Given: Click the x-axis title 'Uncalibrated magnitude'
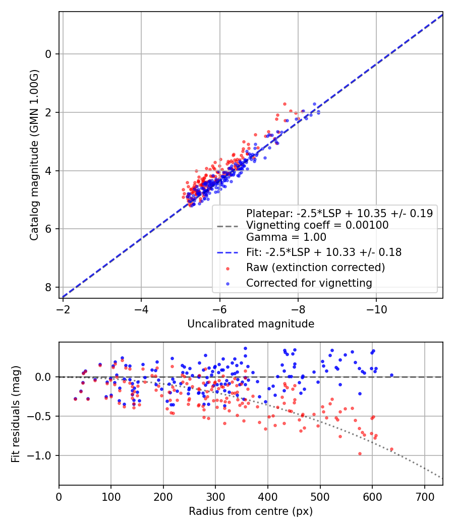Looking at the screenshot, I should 251,324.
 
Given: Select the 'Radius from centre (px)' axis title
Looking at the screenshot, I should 251,511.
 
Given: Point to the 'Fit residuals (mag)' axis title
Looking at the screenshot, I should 16,413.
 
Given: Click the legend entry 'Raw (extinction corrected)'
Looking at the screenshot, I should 315,267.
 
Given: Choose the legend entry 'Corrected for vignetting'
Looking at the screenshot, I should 309,283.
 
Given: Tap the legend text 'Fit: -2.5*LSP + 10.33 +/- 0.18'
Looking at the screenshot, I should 324,252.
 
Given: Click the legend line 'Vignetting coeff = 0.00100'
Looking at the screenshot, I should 317,225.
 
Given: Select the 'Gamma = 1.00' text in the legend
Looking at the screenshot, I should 286,237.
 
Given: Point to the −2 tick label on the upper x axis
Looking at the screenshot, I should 63,308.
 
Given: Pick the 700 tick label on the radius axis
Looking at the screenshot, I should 424,496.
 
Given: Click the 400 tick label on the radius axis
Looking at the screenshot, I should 268,496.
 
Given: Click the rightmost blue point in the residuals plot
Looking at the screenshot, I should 391,375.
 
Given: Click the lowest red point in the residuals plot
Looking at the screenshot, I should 360,453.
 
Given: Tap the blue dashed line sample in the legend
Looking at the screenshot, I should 227,252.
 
